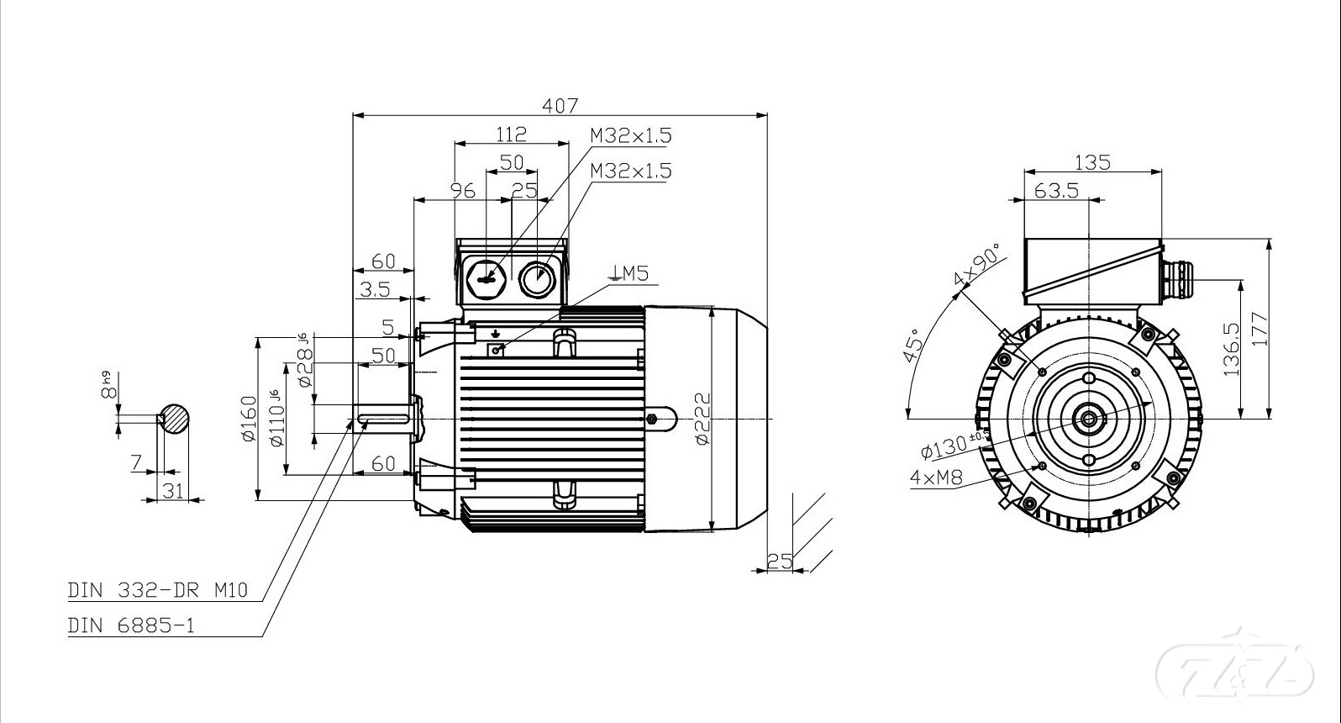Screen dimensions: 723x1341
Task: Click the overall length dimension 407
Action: (560, 106)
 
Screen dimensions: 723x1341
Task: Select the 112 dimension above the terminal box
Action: (511, 134)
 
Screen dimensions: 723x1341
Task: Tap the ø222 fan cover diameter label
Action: (702, 418)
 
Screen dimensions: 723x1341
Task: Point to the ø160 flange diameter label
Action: (249, 418)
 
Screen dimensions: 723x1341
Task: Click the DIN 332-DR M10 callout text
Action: (158, 590)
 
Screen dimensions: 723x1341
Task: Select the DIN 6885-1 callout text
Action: (131, 626)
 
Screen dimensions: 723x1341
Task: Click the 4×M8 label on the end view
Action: (936, 478)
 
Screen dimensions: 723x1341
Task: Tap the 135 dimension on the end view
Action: (1092, 162)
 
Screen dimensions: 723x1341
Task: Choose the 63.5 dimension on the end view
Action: (1056, 191)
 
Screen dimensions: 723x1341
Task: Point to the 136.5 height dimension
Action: (1231, 349)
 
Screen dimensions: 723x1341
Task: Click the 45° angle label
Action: (912, 345)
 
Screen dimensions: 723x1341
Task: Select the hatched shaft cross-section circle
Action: (175, 418)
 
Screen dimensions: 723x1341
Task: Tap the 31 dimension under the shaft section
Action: (173, 490)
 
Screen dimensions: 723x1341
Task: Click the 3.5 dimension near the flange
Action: (375, 290)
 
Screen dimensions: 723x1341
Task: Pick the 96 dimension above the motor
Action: (462, 191)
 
